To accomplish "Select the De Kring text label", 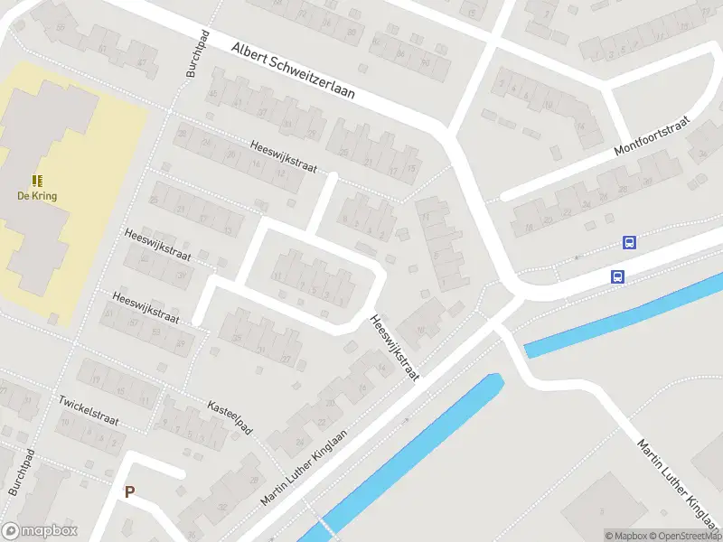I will [37, 196].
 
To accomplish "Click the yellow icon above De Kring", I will [37, 181].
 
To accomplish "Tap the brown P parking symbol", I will [129, 492].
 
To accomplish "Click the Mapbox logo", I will [40, 531].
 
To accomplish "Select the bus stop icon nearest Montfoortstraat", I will [629, 242].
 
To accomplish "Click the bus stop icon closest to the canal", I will [617, 277].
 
